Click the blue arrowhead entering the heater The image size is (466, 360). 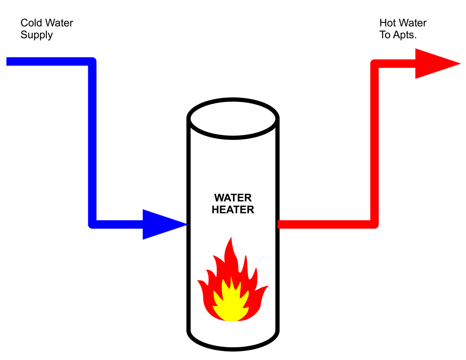tap(162, 224)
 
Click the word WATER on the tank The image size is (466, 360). tap(233, 198)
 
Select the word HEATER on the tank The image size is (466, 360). tap(233, 210)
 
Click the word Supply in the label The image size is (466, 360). tap(36, 35)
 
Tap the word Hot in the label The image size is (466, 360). tap(388, 23)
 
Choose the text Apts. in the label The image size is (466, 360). tap(405, 35)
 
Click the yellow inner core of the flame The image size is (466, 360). tap(232, 303)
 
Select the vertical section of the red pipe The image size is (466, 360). tap(375, 146)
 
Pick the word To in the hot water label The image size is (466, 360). tap(385, 35)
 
